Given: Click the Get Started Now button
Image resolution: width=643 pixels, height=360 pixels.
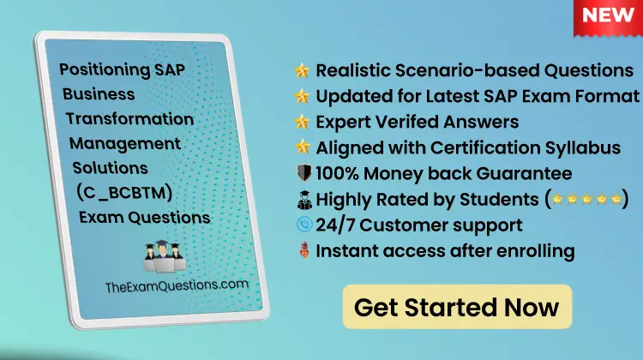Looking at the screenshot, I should pyautogui.click(x=456, y=307).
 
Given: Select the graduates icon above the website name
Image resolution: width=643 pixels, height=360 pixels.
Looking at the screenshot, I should pyautogui.click(x=162, y=255).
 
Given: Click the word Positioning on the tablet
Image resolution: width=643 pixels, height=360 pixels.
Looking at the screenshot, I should pyautogui.click(x=95, y=69).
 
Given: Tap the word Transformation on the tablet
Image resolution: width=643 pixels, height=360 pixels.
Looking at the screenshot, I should pyautogui.click(x=129, y=118).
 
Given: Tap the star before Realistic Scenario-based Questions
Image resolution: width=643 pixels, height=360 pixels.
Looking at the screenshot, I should pyautogui.click(x=302, y=69).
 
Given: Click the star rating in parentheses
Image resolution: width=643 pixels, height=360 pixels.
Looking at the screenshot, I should pyautogui.click(x=587, y=200).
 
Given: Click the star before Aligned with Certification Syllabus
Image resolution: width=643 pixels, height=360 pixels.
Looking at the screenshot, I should pyautogui.click(x=302, y=147).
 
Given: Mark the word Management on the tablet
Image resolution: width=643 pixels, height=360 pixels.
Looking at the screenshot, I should pyautogui.click(x=125, y=143).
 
